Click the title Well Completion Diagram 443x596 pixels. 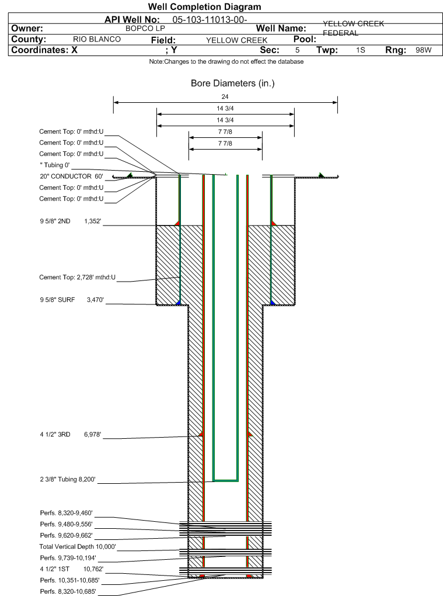[x=204, y=7]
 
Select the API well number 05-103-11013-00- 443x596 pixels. [x=205, y=19]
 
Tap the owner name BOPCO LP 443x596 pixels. [x=145, y=28]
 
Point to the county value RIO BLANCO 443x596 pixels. [x=97, y=39]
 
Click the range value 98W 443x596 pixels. [x=423, y=50]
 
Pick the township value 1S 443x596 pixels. [x=361, y=50]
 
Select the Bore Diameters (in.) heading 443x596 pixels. [x=232, y=84]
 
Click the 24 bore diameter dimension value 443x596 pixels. [x=225, y=96]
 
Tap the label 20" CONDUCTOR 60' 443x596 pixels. [x=71, y=176]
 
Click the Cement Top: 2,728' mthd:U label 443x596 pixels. [x=78, y=278]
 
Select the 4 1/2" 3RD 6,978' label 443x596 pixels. [x=71, y=434]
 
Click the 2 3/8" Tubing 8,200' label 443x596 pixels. [x=67, y=480]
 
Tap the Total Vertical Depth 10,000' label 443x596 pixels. [x=78, y=546]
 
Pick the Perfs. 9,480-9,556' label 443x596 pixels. [x=66, y=524]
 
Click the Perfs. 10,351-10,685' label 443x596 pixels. [x=69, y=580]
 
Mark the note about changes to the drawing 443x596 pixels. [x=226, y=61]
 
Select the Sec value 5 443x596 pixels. [x=297, y=50]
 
